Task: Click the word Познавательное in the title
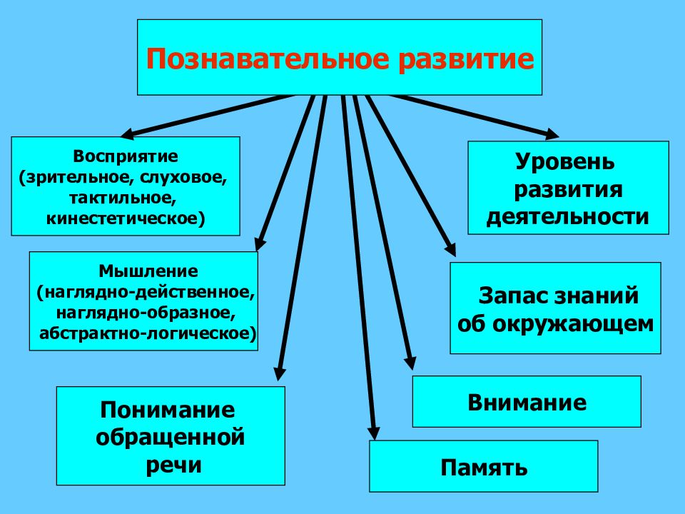click(268, 59)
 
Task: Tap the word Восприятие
click(126, 156)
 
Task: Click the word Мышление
click(148, 271)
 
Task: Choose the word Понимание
click(168, 410)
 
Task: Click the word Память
click(484, 468)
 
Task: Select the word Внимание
click(527, 403)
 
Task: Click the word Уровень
click(565, 162)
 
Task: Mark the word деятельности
click(567, 217)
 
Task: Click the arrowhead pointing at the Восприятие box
click(127, 133)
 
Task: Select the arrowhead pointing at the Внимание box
click(410, 363)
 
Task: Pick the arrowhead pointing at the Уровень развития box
click(552, 134)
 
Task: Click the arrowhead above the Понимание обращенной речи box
click(280, 374)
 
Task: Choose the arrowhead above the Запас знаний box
click(450, 250)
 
